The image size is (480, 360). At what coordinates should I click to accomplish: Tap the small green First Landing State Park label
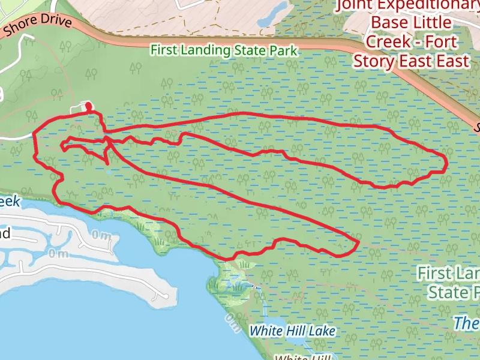224,50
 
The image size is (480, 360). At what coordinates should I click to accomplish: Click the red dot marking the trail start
89,107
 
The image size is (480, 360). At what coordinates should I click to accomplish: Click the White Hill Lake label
292,331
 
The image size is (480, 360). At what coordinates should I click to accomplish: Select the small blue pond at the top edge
278,10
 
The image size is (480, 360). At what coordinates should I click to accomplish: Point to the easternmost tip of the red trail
447,163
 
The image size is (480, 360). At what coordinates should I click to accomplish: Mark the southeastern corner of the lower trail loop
358,244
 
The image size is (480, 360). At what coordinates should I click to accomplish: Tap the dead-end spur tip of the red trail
107,163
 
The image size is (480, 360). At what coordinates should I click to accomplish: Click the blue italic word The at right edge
466,323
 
